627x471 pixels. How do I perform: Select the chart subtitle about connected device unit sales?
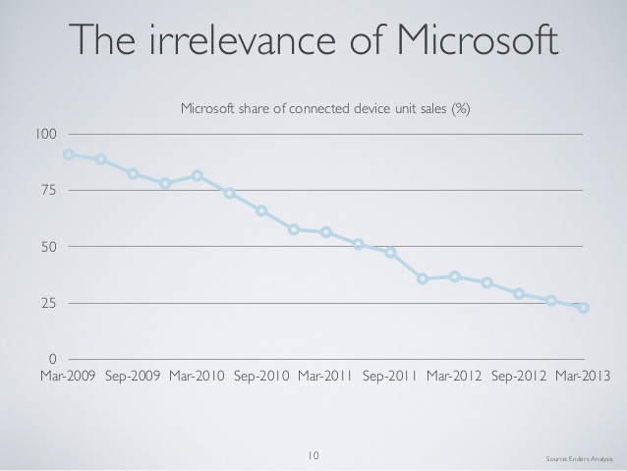tap(325, 108)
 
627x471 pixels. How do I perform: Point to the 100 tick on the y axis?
tap(46, 134)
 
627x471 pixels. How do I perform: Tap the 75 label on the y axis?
tap(49, 190)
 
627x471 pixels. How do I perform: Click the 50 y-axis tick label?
tap(49, 247)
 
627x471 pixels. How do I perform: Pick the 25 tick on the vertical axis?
tap(49, 303)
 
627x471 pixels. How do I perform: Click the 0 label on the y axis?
tap(52, 359)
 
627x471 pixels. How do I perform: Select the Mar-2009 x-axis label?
tap(68, 377)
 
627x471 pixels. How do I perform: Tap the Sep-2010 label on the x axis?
tap(261, 377)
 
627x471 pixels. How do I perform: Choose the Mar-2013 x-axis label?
tap(583, 377)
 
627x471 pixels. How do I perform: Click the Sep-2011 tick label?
tap(390, 377)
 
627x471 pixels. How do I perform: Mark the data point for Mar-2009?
tap(69, 154)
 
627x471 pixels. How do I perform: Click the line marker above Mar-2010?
tap(198, 176)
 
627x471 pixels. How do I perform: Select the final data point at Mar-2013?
tap(584, 308)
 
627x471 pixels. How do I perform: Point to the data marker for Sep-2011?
tap(391, 253)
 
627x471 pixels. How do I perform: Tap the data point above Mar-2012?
tap(455, 276)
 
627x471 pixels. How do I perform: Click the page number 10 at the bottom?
tap(313, 455)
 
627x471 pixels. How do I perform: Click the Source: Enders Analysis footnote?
tap(579, 459)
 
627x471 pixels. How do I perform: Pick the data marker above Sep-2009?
tap(133, 174)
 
